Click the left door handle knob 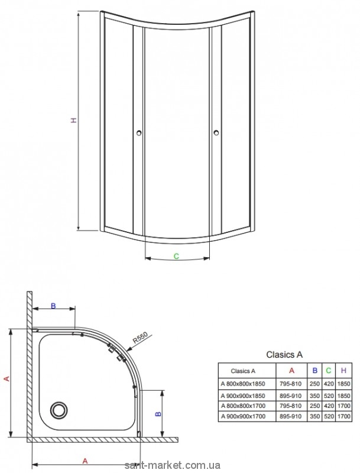point(139,132)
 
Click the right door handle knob point(216,132)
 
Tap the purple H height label point(73,120)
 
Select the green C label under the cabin point(176,256)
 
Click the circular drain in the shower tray point(59,410)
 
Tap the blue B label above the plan point(53,306)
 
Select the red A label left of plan point(8,378)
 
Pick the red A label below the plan point(85,461)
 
